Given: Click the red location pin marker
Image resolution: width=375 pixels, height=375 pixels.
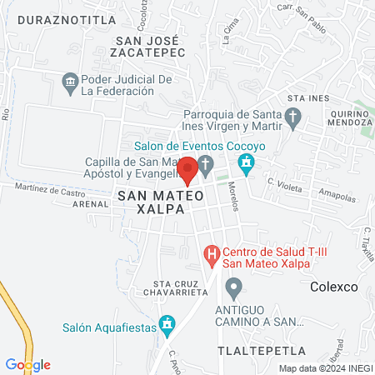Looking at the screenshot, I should pos(187,169).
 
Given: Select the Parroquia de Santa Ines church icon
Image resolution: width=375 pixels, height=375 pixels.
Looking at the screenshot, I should pos(292,120).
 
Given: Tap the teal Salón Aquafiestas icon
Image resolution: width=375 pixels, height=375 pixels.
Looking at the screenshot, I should pos(167,322).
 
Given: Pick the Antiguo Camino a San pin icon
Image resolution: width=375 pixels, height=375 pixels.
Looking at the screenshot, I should pos(234,287).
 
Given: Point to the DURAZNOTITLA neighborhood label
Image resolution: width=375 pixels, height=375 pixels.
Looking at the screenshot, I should pos(55,19).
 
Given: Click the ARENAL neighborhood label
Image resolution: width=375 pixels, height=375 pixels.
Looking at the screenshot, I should pos(91,202).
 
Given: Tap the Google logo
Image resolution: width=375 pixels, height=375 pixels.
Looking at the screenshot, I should pos(27,364).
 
